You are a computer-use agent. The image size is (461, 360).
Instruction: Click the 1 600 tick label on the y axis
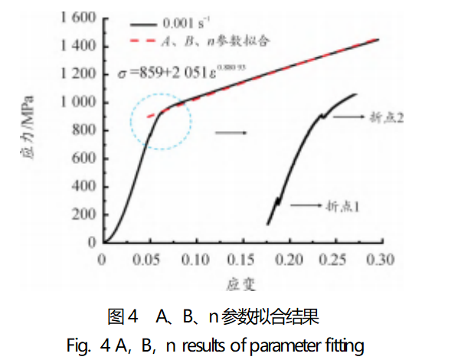(77, 18)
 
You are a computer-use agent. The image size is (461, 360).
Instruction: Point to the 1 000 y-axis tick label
(77, 102)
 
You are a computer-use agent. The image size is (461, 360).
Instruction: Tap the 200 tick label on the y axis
(84, 214)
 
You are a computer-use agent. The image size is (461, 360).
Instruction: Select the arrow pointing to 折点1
(304, 205)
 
